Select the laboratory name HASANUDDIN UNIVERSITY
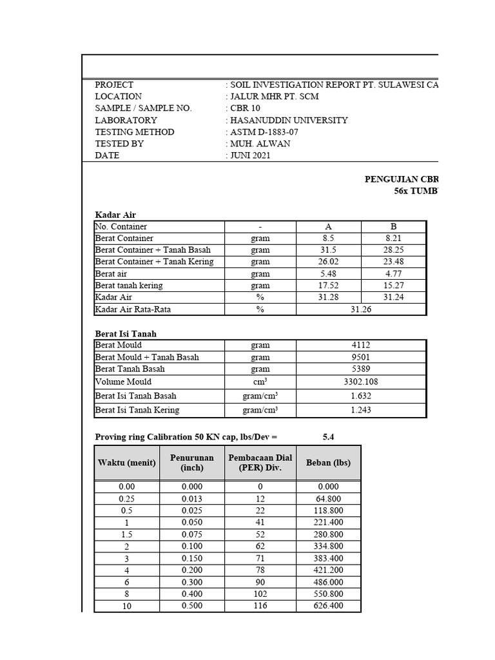point(289,120)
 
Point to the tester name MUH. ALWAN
point(260,144)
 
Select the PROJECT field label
point(114,84)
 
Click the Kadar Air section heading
point(115,215)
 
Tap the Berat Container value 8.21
point(393,238)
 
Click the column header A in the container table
point(328,226)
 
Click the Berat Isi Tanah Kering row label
point(137,410)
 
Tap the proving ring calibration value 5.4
point(328,437)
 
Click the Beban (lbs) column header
point(328,463)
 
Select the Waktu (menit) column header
point(126,463)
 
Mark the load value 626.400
point(328,606)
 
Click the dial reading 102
point(260,594)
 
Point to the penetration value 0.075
point(191,534)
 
